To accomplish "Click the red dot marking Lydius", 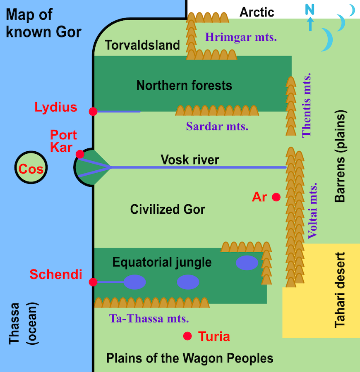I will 93,111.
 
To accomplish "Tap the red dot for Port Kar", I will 80,154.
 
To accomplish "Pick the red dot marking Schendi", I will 93,282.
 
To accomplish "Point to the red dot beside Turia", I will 188,336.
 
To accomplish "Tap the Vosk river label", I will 190,160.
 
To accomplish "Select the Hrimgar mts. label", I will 241,37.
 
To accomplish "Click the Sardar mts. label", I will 217,126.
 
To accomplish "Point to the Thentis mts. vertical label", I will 307,105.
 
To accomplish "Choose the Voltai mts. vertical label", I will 313,211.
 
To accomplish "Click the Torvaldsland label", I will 142,45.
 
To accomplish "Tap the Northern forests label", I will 184,86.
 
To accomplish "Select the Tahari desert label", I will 340,290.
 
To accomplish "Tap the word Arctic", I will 257,12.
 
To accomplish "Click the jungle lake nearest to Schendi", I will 134,282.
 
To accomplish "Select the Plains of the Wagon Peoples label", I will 190,358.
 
